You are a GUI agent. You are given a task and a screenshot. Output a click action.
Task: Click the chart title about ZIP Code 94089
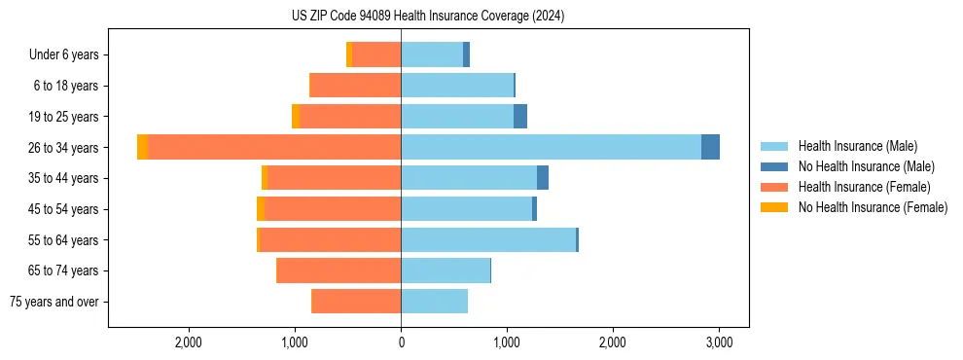click(428, 16)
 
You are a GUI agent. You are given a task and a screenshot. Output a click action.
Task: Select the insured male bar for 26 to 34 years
click(551, 147)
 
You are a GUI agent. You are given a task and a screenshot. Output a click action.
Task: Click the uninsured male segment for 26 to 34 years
click(710, 147)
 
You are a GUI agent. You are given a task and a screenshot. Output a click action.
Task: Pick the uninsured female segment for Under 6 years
click(349, 54)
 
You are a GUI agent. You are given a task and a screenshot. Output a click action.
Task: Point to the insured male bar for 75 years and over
click(434, 302)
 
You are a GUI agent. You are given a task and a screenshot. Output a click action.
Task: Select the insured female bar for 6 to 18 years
click(355, 86)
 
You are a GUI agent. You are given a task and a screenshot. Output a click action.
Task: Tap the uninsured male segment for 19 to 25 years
click(520, 117)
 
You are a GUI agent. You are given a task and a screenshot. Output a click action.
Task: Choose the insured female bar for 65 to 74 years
click(339, 270)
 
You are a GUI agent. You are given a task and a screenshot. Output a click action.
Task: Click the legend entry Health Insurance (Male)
click(856, 146)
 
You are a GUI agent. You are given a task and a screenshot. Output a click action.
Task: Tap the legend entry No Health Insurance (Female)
click(873, 207)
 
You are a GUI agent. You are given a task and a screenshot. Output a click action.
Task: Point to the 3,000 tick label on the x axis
click(718, 342)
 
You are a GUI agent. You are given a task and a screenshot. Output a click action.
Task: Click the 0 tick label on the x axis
click(401, 342)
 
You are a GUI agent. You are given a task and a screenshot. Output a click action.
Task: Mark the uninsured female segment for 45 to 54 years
click(261, 209)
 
